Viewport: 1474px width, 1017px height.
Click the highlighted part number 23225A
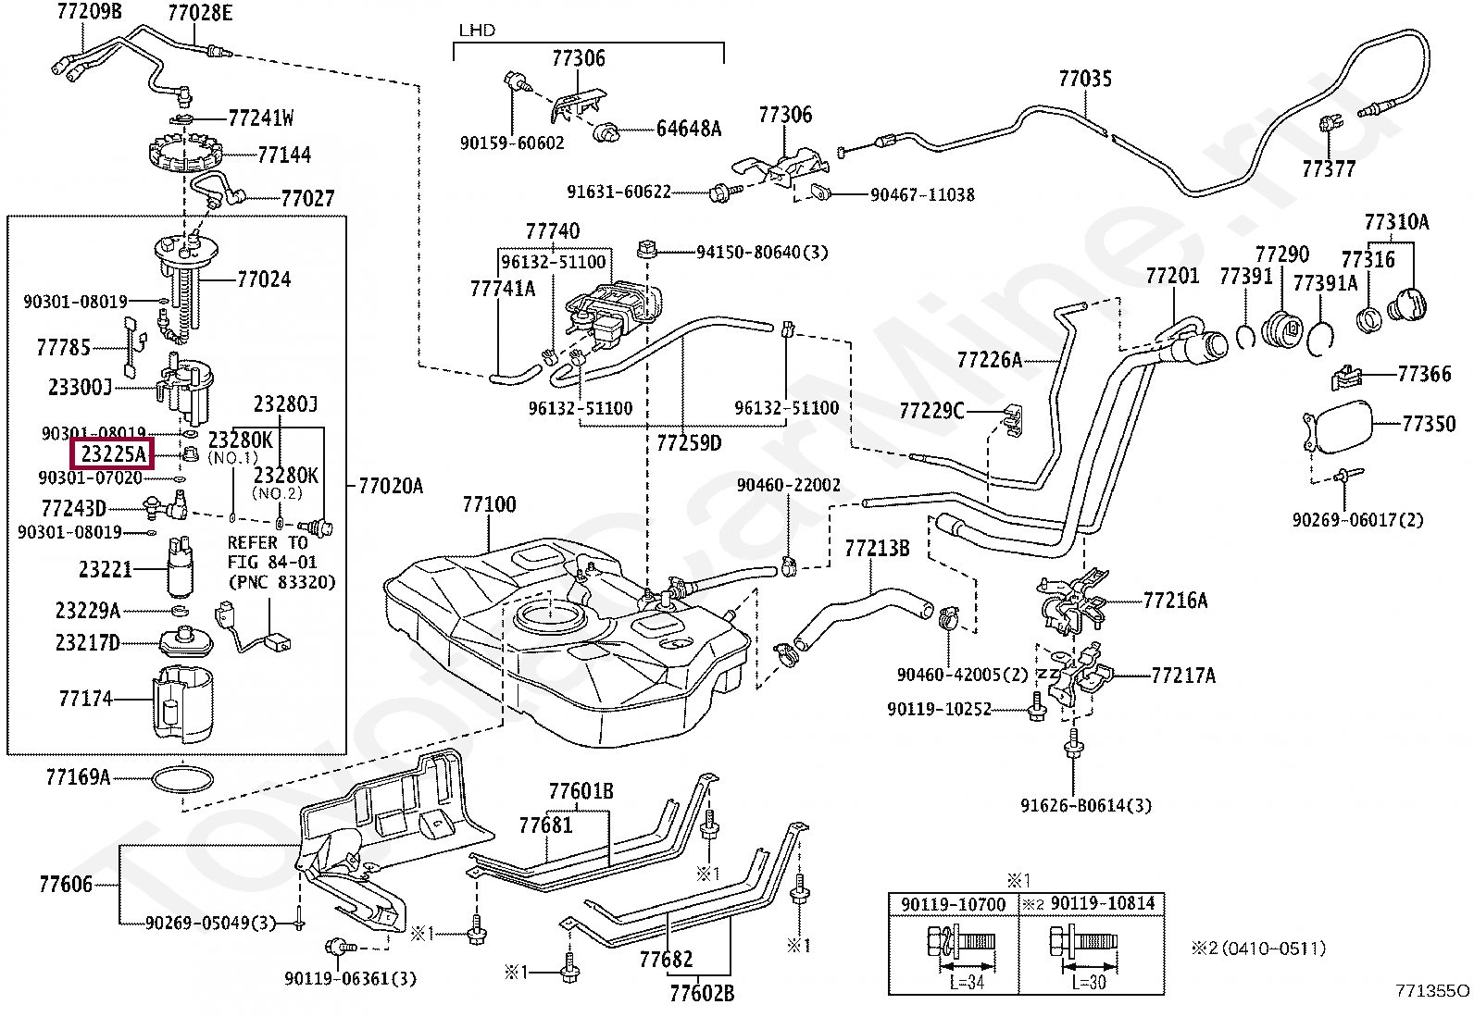tap(114, 454)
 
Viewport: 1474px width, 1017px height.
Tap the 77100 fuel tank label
tap(489, 505)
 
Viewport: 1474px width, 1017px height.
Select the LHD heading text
tap(477, 31)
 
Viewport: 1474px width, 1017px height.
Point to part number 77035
tap(1085, 79)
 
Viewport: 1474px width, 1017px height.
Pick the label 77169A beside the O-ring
tap(78, 777)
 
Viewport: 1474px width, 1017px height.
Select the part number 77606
tap(66, 885)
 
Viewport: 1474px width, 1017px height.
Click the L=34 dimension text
tap(966, 982)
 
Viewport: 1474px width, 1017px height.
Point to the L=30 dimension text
tap(1089, 982)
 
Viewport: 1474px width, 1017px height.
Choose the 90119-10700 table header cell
tap(953, 904)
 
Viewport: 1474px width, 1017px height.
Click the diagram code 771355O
tap(1431, 991)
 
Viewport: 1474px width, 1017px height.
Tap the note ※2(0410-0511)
tap(1258, 949)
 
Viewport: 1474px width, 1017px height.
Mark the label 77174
tap(85, 699)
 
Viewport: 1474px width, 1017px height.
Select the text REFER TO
tap(268, 543)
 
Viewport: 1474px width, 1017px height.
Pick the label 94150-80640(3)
tap(762, 252)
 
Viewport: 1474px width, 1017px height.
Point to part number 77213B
tap(876, 549)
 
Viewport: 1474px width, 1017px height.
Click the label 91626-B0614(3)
tap(1086, 805)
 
